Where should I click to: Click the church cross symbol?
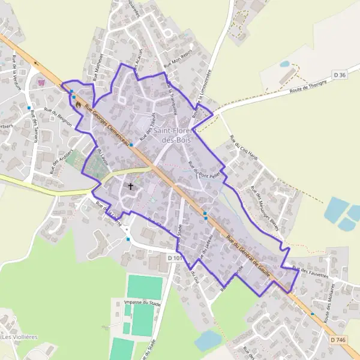pyautogui.click(x=130, y=187)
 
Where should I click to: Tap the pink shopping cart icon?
pyautogui.click(x=41, y=83)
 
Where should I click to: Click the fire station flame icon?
pyautogui.click(x=77, y=103)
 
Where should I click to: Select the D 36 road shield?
pyautogui.click(x=339, y=75)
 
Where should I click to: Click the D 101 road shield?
pyautogui.click(x=175, y=258)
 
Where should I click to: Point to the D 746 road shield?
pyautogui.click(x=338, y=340)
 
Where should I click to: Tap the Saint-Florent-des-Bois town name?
pyautogui.click(x=173, y=136)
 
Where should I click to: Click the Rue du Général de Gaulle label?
pyautogui.click(x=253, y=256)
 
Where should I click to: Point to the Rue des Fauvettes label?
pyautogui.click(x=311, y=272)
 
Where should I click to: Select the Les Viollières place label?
pyautogui.click(x=19, y=337)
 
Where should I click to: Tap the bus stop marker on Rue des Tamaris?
pyautogui.click(x=29, y=108)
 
